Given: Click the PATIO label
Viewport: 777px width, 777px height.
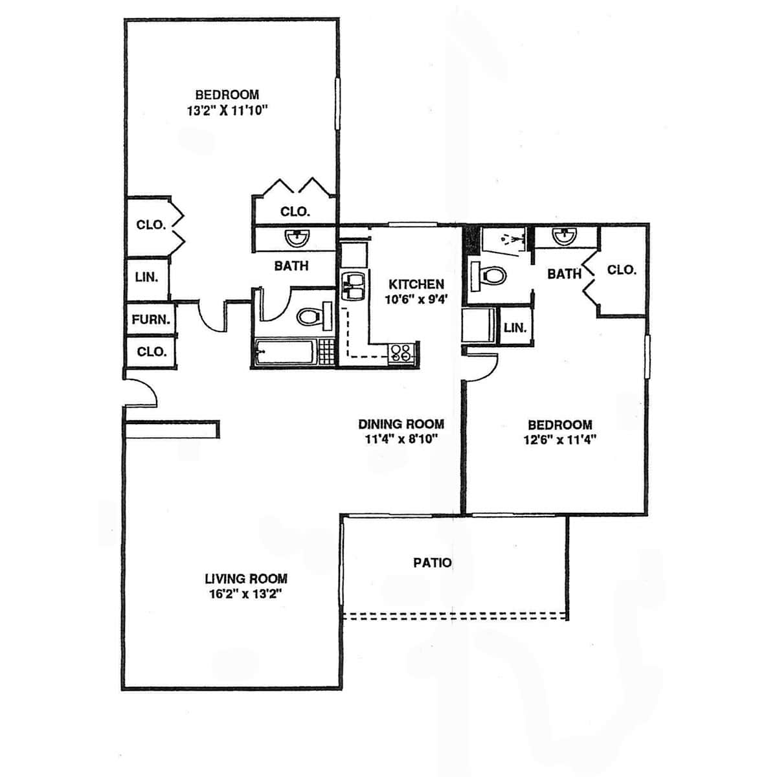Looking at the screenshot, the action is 433,563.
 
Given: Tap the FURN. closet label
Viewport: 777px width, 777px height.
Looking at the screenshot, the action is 151,320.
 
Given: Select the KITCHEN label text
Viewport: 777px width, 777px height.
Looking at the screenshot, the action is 416,284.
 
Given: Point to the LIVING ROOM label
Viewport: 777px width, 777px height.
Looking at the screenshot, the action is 246,579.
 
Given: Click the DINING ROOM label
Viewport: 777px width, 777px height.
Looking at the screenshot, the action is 401,423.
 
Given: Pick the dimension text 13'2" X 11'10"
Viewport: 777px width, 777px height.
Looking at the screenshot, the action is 227,110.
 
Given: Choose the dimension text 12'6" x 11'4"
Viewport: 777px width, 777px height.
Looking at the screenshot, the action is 559,439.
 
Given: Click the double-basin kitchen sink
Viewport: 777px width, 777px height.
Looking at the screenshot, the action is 353,286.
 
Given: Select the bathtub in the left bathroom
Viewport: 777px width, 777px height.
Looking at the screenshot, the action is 285,352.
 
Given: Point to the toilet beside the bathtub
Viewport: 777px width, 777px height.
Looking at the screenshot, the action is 314,316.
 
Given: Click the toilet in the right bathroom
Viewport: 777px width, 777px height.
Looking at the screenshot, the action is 488,276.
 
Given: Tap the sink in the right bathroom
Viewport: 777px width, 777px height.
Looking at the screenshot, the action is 565,237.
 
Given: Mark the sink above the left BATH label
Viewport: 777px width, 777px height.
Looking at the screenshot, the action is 297,239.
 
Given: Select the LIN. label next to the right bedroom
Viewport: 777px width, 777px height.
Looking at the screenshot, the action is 515,328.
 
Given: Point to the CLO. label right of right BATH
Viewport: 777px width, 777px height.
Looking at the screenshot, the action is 622,270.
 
